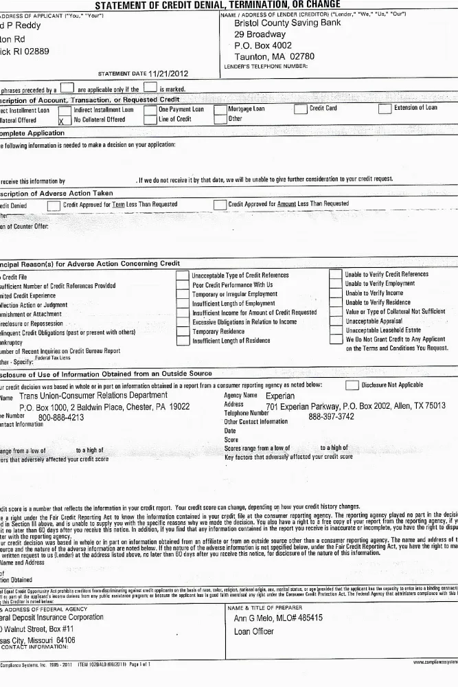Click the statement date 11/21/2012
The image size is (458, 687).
coord(168,74)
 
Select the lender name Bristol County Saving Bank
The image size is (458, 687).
coord(287,23)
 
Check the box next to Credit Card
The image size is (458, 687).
coord(301,109)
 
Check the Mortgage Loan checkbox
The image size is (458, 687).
coord(220,109)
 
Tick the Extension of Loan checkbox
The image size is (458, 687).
coord(385,109)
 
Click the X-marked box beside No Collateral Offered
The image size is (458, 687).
coord(65,120)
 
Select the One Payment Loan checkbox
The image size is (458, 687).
coord(150,109)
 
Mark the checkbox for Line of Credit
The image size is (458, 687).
coord(150,120)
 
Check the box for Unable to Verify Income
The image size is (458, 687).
coord(336,293)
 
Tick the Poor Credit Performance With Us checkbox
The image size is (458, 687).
coord(183,284)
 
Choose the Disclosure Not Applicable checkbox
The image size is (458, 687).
coord(352,385)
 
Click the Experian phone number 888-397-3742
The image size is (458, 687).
coord(331,416)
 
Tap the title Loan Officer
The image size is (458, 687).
coord(254,631)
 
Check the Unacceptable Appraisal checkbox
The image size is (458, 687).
coord(336,322)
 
